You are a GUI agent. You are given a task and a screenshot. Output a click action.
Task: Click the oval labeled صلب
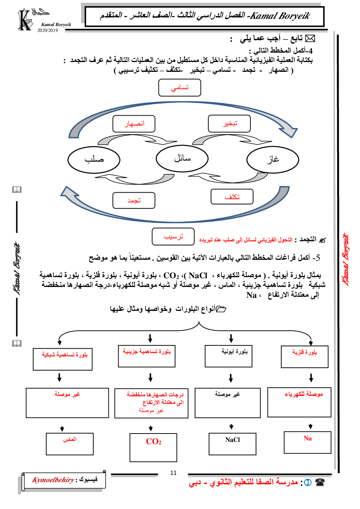coord(94,160)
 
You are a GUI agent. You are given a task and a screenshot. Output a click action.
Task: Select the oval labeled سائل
coord(182,159)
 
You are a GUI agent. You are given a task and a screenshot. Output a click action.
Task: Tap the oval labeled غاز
coord(273,160)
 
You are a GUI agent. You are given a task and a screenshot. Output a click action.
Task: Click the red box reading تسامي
coord(180,88)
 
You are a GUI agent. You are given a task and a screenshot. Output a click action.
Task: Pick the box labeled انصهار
coord(134,124)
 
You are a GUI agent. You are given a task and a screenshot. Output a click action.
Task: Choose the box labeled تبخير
coord(229,124)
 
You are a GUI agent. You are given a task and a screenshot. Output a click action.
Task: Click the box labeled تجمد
coord(134,201)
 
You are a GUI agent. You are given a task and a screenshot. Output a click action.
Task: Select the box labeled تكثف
coord(232,197)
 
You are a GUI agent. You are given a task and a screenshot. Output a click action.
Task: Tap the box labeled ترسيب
coord(173,237)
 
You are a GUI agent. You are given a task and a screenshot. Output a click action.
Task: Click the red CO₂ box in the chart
coord(154,447)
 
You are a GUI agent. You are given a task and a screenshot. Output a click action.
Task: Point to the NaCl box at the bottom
coord(233,444)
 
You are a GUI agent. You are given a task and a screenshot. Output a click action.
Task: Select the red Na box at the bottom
coord(307,442)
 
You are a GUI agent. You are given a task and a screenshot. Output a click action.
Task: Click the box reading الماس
coord(70,444)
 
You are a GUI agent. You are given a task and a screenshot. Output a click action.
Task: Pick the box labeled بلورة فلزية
coord(305,357)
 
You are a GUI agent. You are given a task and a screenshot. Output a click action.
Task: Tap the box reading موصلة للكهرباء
coord(299,402)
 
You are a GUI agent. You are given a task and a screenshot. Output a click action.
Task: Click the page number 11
coord(173,473)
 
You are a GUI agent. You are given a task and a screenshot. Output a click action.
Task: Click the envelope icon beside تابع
coord(310,38)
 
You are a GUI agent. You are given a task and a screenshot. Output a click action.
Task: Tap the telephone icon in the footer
coord(320,483)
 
